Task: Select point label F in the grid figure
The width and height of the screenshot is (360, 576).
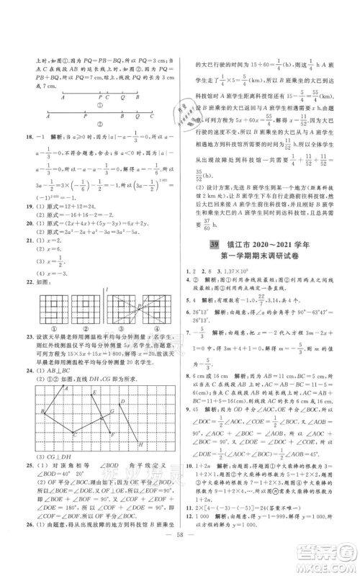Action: [x=112, y=435]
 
